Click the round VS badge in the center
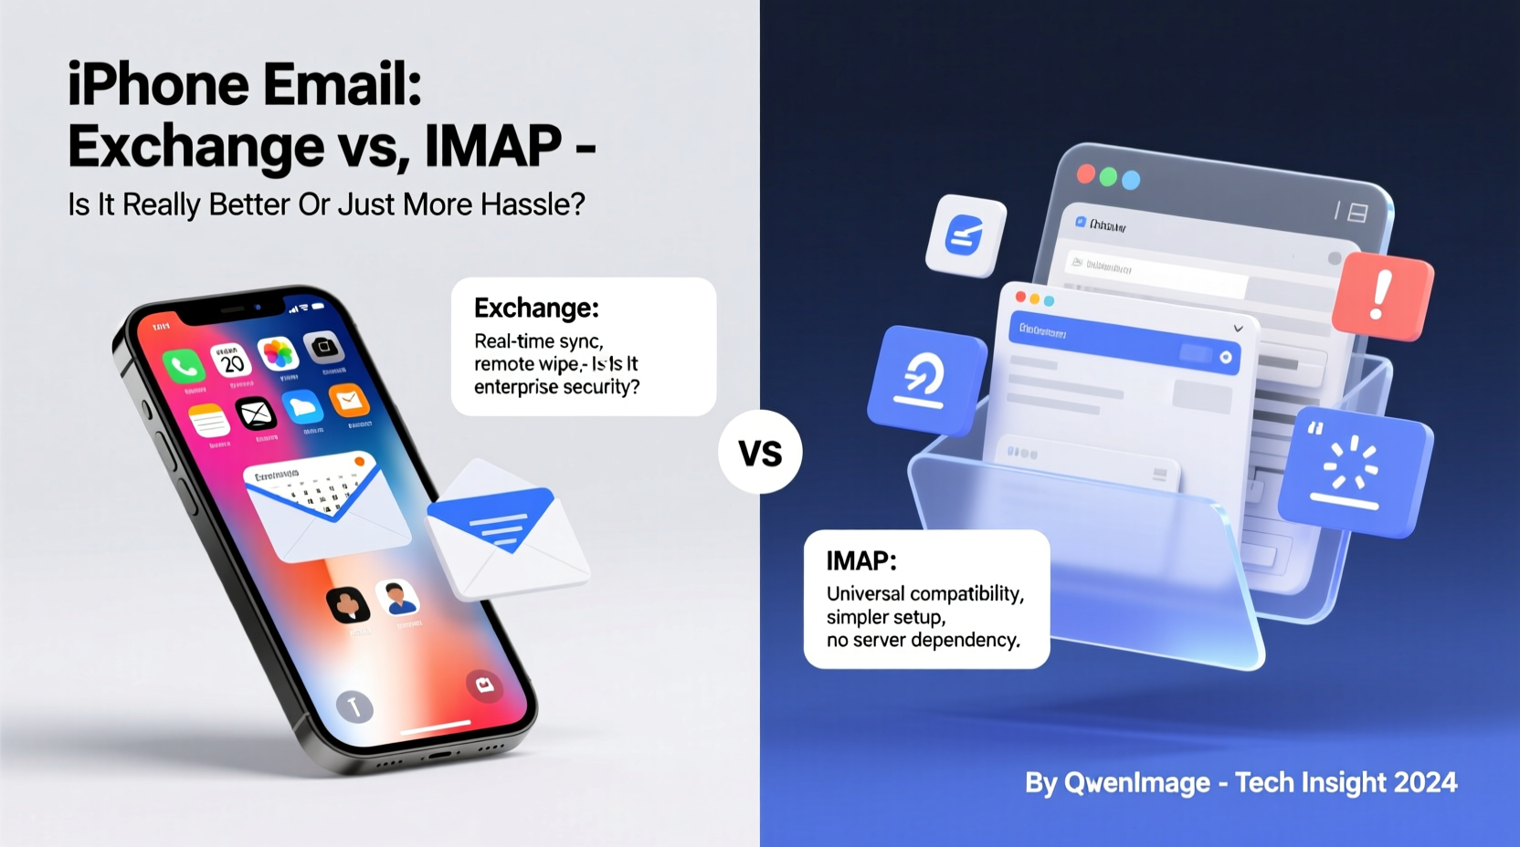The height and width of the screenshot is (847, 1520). click(760, 453)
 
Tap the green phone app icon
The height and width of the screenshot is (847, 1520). click(184, 367)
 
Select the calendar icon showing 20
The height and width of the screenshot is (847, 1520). click(231, 361)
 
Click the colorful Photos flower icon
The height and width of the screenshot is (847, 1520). click(278, 353)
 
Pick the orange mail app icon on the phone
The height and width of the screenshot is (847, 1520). click(348, 400)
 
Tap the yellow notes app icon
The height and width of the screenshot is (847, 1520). click(209, 422)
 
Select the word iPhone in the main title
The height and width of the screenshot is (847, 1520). click(158, 85)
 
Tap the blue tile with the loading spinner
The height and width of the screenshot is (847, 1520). click(1355, 469)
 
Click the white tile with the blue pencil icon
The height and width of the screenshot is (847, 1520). click(966, 235)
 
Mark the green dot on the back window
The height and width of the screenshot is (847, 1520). click(1108, 177)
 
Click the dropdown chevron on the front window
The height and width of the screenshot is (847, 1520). click(1238, 329)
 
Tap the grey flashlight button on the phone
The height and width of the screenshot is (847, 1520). click(354, 706)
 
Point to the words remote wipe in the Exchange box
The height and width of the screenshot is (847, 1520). click(526, 364)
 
